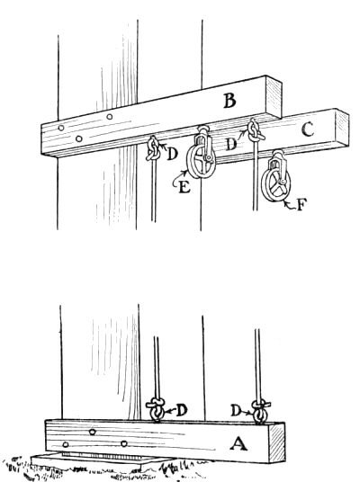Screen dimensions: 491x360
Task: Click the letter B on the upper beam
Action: click(x=229, y=102)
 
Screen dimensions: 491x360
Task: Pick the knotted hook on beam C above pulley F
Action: click(x=256, y=133)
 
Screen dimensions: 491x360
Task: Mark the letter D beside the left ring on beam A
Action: click(x=182, y=410)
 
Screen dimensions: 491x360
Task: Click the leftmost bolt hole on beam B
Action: click(x=60, y=129)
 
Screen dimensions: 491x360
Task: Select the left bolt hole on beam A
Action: click(x=93, y=433)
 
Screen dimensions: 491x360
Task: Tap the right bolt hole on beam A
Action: click(x=123, y=443)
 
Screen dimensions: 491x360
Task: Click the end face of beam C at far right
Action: click(x=341, y=126)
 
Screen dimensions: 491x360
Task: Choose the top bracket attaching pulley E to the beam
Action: click(x=203, y=136)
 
